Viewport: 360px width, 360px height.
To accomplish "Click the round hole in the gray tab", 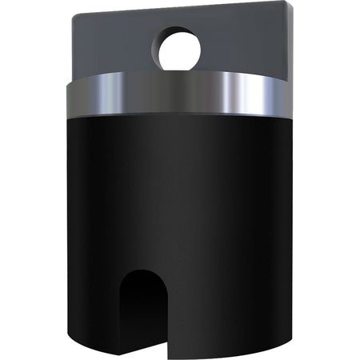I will tap(180, 50).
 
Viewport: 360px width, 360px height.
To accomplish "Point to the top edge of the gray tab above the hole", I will tap(180, 12).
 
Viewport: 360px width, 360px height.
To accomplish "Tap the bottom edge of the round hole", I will tap(180, 70).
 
